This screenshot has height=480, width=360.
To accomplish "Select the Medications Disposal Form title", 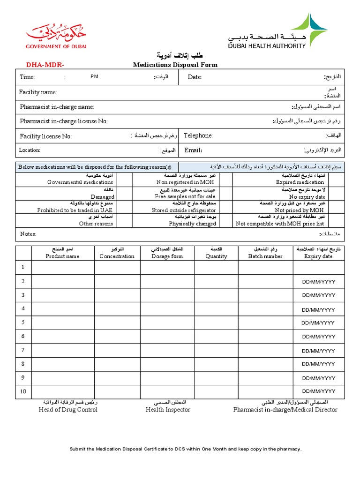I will (175, 65).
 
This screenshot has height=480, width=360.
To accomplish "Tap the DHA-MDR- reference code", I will (45, 65).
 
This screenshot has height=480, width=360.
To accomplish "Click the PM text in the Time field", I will (95, 76).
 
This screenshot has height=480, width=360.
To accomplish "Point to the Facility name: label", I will (38, 92).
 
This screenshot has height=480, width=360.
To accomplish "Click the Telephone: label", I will (198, 135).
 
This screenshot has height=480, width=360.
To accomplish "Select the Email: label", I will (193, 150).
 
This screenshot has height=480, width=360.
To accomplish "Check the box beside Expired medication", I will (335, 180).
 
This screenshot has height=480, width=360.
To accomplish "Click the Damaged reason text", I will (103, 197).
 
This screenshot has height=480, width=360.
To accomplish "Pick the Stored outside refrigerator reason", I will (184, 210).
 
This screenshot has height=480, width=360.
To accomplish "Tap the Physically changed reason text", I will (193, 224).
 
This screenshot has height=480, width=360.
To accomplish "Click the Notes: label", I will (28, 234).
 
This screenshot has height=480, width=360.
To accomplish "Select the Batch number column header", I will (265, 256).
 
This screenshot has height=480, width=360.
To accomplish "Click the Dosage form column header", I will (167, 256).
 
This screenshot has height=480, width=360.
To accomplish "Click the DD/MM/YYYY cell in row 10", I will (319, 391).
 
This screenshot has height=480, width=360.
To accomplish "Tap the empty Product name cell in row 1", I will (62, 267).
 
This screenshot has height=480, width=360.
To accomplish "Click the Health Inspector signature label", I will (168, 410).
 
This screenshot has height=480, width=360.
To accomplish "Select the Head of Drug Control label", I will (68, 410).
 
